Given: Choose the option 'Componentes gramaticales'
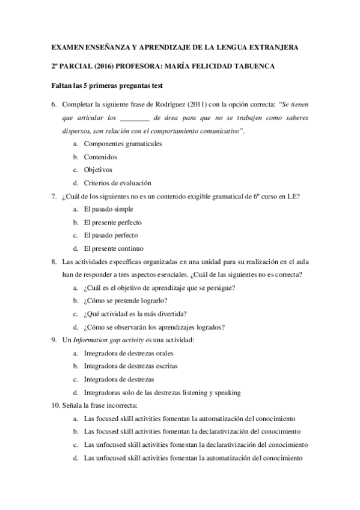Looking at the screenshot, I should coord(122,144).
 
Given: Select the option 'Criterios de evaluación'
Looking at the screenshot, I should coord(117,183).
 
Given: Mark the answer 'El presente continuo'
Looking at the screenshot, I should coord(114,248).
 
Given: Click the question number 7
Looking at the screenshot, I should coord(54,196).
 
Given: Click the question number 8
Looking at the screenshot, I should coord(54,262).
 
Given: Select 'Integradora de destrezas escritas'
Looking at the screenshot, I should coord(130,366).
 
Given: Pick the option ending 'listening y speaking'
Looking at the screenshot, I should coord(162,393).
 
